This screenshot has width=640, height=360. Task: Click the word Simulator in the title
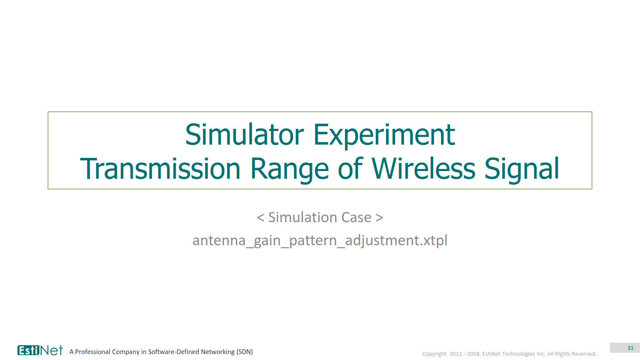244,134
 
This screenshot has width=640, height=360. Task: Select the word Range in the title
289,170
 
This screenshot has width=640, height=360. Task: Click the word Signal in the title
522,170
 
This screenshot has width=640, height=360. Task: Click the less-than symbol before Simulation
260,218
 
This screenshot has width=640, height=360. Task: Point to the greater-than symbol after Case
379,218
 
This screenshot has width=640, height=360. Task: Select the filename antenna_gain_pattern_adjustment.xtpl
320,241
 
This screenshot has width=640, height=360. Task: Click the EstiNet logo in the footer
40,350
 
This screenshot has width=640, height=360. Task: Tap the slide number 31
631,348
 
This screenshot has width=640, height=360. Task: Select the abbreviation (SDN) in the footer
244,352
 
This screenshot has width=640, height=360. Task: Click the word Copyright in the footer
434,354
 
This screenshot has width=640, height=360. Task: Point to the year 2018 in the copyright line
473,354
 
